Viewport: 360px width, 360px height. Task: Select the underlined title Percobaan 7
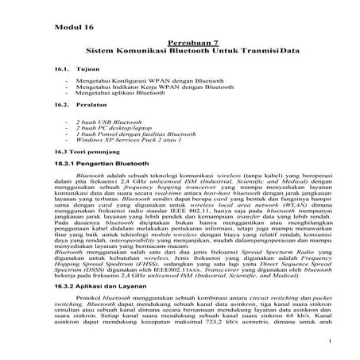(x=192, y=41)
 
